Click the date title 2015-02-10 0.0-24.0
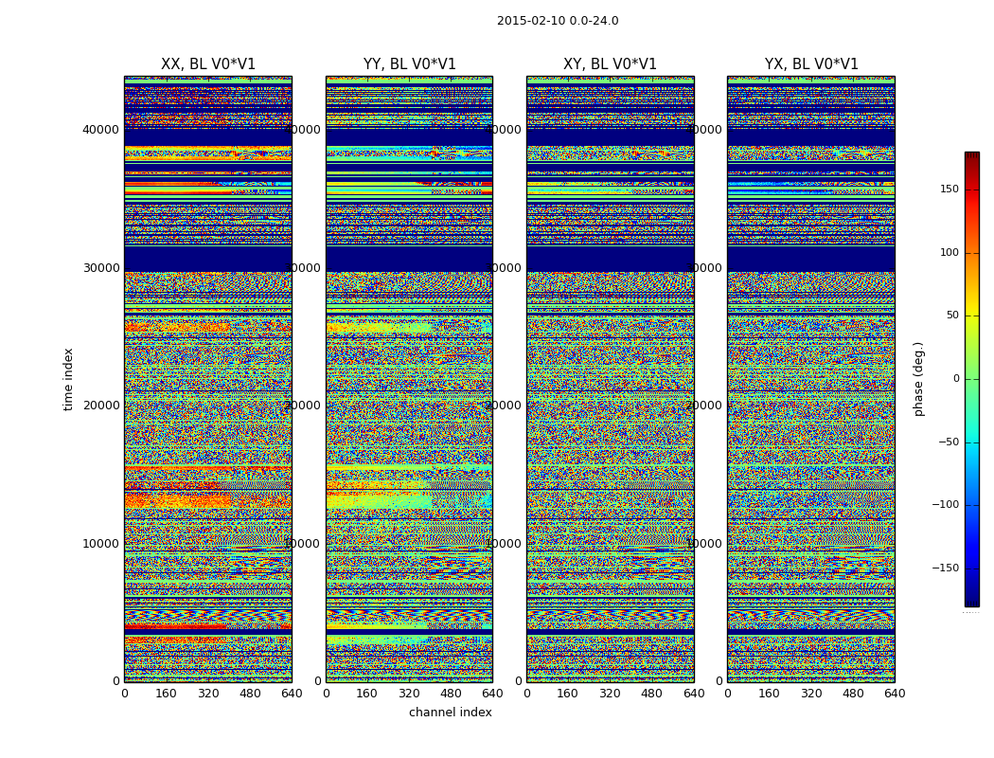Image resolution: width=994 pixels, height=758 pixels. pyautogui.click(x=558, y=21)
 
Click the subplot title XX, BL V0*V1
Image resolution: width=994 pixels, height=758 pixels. pyautogui.click(x=208, y=64)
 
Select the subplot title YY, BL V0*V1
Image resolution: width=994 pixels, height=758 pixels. pyautogui.click(x=409, y=64)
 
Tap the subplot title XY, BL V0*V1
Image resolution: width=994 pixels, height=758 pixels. pyautogui.click(x=610, y=64)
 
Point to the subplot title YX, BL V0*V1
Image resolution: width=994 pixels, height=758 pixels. pyautogui.click(x=811, y=64)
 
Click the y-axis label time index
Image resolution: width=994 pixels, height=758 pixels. pyautogui.click(x=68, y=379)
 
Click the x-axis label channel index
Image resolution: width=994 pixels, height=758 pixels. pyautogui.click(x=450, y=713)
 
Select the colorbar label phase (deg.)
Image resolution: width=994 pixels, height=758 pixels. pyautogui.click(x=918, y=379)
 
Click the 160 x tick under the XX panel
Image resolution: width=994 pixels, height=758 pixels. pyautogui.click(x=166, y=694)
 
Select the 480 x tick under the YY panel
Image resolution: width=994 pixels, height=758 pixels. pyautogui.click(x=451, y=694)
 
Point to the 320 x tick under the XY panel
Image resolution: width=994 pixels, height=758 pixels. pyautogui.click(x=610, y=694)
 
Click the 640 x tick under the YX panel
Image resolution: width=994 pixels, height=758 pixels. pyautogui.click(x=895, y=694)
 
